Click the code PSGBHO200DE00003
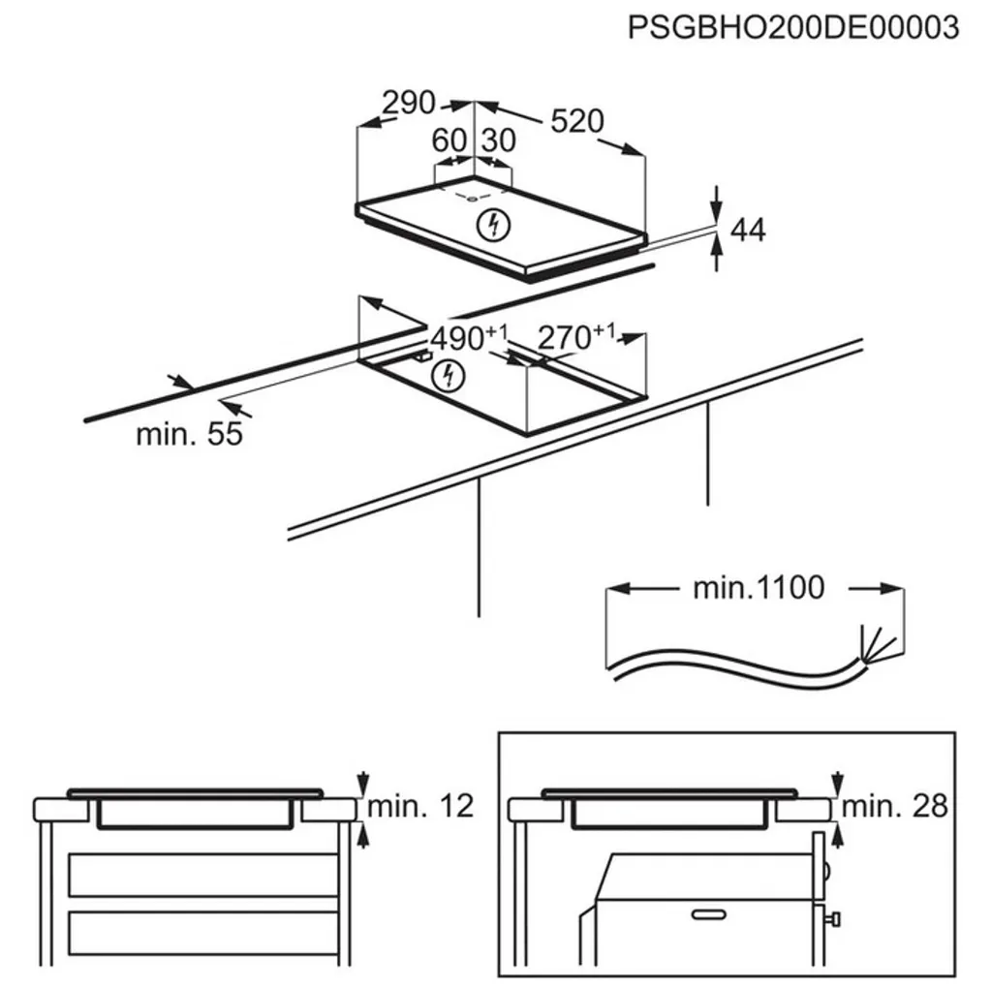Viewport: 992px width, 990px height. coord(793,27)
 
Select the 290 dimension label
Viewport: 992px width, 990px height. coord(408,103)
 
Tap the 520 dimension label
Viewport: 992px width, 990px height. coord(576,121)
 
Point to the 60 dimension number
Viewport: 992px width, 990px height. coord(449,141)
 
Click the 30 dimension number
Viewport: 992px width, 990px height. coord(498,141)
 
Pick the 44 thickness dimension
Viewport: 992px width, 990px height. coord(747,231)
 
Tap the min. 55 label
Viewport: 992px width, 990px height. coord(189,434)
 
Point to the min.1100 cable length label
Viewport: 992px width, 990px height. coord(758,587)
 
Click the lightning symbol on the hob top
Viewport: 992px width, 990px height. coord(494,225)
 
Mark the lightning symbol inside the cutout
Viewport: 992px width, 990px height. coord(447,374)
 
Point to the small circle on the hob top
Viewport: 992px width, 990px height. coord(471,200)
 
